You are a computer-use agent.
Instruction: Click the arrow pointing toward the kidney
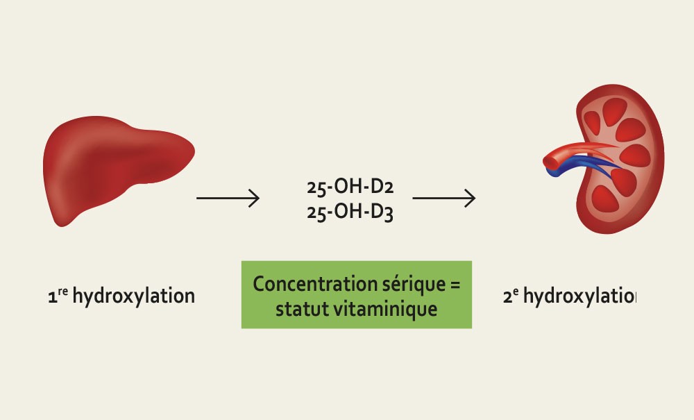tap(444, 199)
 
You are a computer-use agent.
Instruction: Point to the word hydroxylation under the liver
tap(133, 297)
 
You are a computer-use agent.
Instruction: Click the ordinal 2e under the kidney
tap(509, 297)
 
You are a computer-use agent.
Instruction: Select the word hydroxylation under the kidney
tap(579, 297)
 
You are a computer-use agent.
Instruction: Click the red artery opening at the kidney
tap(550, 161)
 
